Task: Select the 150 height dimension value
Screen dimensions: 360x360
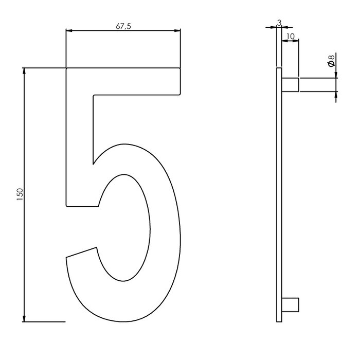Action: (x=20, y=194)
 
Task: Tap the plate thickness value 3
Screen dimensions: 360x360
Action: (x=279, y=23)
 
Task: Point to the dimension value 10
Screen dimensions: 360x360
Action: (x=291, y=36)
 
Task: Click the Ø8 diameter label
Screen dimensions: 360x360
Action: (x=331, y=60)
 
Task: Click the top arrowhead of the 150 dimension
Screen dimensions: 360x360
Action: (x=24, y=71)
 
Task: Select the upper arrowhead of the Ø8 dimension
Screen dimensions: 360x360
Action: (x=336, y=75)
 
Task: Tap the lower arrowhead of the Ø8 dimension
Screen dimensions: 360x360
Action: (x=336, y=95)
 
